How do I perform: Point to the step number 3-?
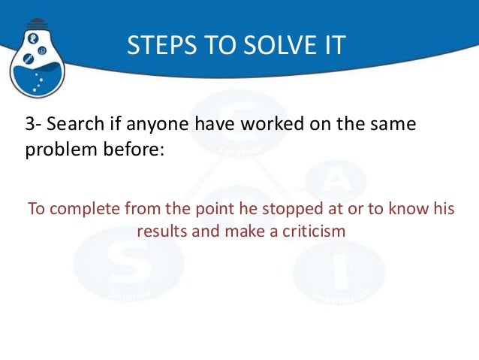[x=35, y=124]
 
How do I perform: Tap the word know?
[x=398, y=209]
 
